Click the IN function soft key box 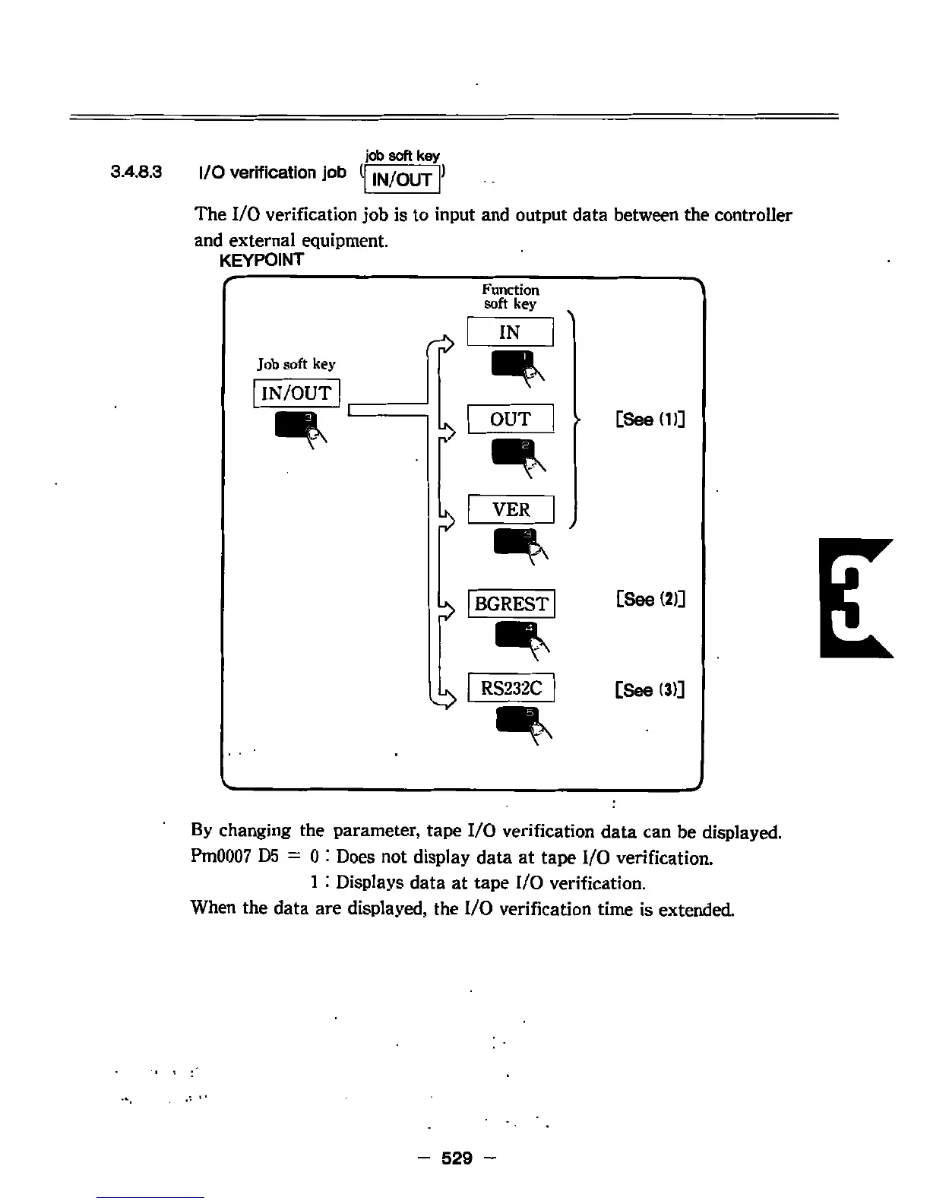pyautogui.click(x=510, y=332)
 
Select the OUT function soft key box pyautogui.click(x=510, y=419)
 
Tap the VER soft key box pyautogui.click(x=511, y=509)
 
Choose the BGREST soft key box pyautogui.click(x=511, y=604)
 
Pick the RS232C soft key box pyautogui.click(x=511, y=688)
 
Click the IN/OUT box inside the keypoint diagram pyautogui.click(x=296, y=393)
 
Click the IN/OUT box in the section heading pyautogui.click(x=403, y=179)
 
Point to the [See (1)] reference pyautogui.click(x=650, y=419)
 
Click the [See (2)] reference pyautogui.click(x=650, y=599)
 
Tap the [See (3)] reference pyautogui.click(x=650, y=689)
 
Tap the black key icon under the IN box pyautogui.click(x=514, y=363)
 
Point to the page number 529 pyautogui.click(x=457, y=1158)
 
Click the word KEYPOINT pyautogui.click(x=261, y=260)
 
